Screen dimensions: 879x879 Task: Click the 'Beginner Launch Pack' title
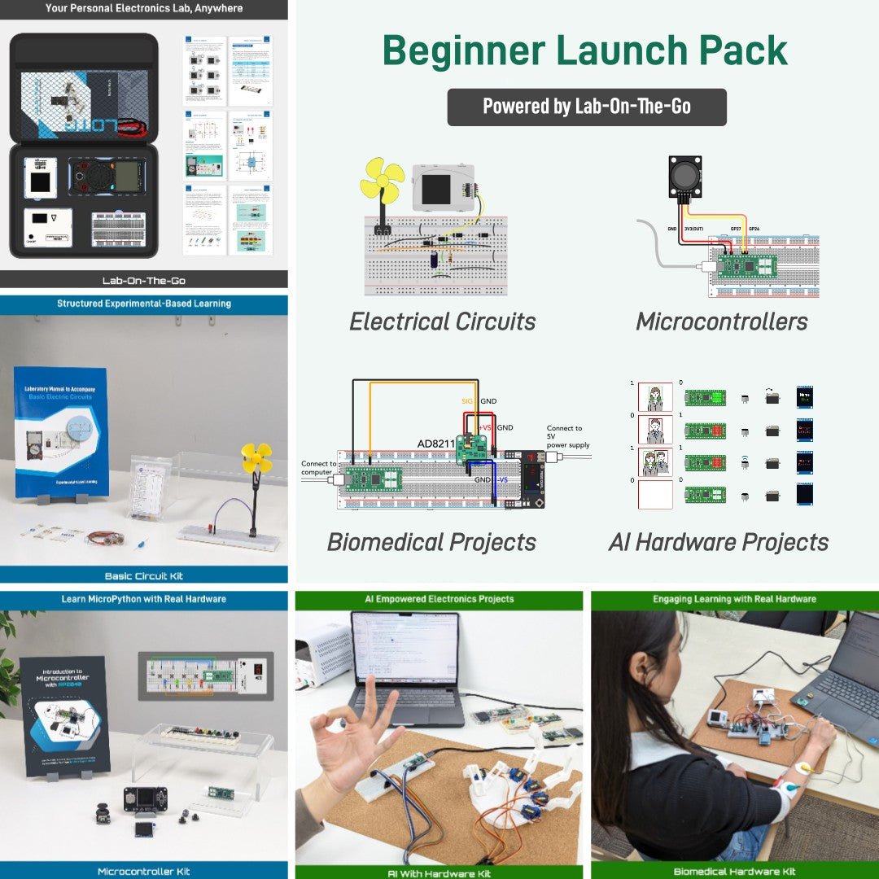pyautogui.click(x=585, y=50)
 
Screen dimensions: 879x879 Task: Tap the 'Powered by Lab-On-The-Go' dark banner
pyautogui.click(x=586, y=107)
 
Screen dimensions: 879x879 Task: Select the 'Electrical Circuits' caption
pyautogui.click(x=443, y=321)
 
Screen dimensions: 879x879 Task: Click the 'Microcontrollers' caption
pyautogui.click(x=721, y=321)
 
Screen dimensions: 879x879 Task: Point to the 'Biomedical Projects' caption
pyautogui.click(x=431, y=542)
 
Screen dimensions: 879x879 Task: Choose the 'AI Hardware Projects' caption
pyautogui.click(x=719, y=542)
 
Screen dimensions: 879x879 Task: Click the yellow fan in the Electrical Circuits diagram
pyautogui.click(x=382, y=181)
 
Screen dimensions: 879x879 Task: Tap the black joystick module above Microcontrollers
pyautogui.click(x=684, y=177)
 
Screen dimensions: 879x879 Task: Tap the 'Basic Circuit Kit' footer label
pyautogui.click(x=144, y=575)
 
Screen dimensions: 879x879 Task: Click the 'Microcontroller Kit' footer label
pyautogui.click(x=144, y=871)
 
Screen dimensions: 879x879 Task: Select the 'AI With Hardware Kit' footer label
pyautogui.click(x=439, y=872)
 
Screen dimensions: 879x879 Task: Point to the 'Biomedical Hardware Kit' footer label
pyautogui.click(x=734, y=872)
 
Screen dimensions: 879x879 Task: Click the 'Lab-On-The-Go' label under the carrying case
pyautogui.click(x=144, y=280)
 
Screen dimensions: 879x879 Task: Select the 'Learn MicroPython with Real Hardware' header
pyautogui.click(x=144, y=599)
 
